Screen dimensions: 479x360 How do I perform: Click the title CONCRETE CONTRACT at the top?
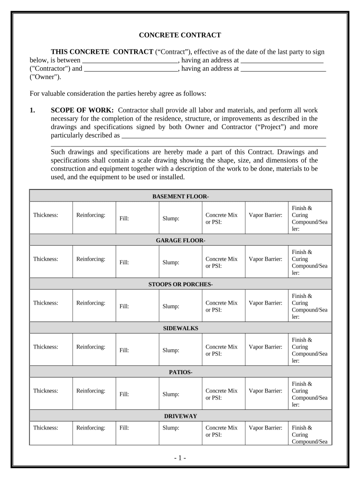click(x=180, y=35)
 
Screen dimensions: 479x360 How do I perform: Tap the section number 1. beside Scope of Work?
click(x=33, y=110)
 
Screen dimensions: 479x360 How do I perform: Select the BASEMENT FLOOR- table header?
click(x=180, y=196)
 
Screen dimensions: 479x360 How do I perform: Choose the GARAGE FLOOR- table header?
click(x=180, y=240)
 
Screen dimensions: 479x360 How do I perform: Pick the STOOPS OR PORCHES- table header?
click(x=180, y=284)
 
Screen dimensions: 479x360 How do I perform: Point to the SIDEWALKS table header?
click(x=180, y=328)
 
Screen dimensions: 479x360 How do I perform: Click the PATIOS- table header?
click(x=180, y=372)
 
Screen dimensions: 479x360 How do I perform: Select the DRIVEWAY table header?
click(x=180, y=416)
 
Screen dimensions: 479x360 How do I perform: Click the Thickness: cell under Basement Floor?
click(x=46, y=215)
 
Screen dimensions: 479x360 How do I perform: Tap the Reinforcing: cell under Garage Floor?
click(x=91, y=259)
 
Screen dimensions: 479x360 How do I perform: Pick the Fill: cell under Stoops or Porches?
click(x=124, y=306)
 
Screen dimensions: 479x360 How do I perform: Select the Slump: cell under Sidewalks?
click(x=171, y=350)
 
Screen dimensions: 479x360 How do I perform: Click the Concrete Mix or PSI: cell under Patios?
click(x=222, y=394)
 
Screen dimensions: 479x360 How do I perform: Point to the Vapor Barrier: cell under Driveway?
click(x=265, y=428)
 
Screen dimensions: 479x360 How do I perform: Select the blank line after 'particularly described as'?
click(x=223, y=136)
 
